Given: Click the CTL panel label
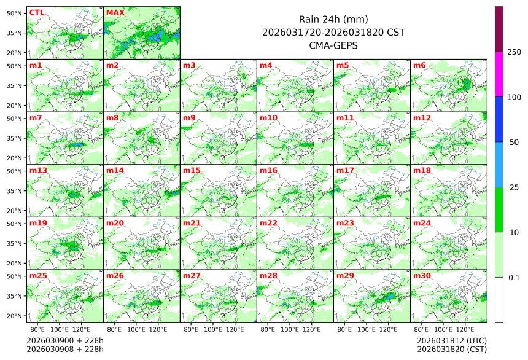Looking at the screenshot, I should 36,12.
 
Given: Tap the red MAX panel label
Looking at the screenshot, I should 115,12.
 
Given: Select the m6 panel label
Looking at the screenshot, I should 419,65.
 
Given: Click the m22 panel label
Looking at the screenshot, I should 268,223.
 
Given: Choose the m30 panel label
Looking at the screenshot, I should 421,276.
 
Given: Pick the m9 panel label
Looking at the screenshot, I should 189,118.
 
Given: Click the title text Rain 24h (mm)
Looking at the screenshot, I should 333,20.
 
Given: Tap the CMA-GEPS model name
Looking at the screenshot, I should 333,45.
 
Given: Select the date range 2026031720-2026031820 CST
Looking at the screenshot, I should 333,32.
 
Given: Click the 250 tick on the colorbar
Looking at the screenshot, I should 514,52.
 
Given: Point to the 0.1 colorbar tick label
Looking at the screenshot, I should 514,277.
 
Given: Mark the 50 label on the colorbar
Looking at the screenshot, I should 514,142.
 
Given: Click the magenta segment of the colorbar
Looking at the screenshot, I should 499,74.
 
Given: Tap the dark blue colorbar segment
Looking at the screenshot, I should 499,119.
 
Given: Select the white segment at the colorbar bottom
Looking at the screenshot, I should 499,299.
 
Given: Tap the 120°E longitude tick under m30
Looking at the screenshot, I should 465,329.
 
